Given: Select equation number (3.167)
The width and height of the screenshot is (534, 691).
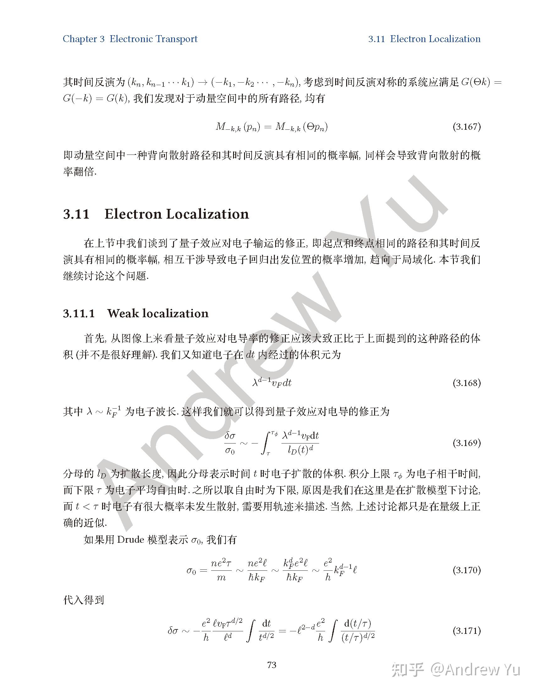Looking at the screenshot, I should point(466,127).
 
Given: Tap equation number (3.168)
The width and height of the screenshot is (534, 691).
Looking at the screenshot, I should point(466,383).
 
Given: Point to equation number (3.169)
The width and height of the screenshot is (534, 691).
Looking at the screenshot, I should point(466,443).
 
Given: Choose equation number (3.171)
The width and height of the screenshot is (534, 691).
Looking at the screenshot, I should point(466,631).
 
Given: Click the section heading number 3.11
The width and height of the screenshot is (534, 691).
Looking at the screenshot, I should point(76,214).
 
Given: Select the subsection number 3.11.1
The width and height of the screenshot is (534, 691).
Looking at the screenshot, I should point(79,313).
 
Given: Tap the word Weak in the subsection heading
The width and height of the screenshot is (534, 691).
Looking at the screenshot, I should point(123,313).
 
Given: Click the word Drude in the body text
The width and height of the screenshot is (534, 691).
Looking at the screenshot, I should point(131,539).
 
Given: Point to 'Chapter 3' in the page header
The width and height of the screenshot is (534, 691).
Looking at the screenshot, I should point(84,39).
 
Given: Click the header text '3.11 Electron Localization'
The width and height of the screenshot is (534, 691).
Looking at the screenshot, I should point(424,39).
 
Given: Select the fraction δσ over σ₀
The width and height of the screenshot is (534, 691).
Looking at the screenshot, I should point(230,443).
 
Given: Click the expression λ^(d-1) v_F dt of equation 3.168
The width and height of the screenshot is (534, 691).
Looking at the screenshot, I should point(272,383).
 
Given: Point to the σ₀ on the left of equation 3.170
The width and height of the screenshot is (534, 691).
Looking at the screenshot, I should point(191,570).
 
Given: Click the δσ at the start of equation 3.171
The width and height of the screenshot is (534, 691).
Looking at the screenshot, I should point(174,631).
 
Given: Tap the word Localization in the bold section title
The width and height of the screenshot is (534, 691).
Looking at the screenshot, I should point(208,214).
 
